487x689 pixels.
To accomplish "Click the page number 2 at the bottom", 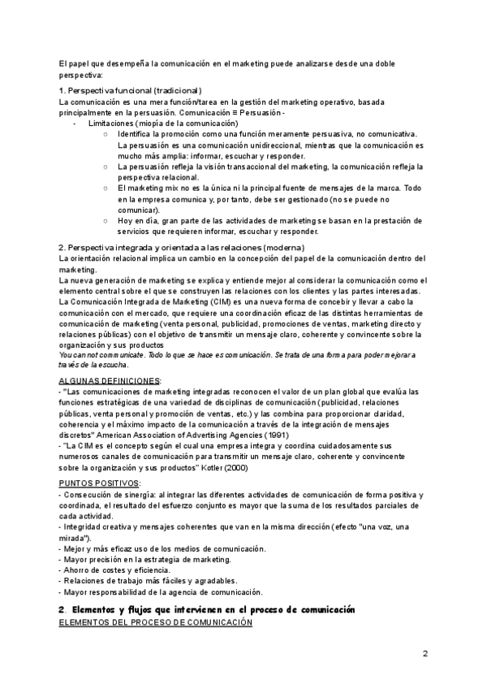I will (x=425, y=653).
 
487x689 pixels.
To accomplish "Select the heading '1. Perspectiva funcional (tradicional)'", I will (x=131, y=90).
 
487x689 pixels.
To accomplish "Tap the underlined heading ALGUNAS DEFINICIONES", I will (x=110, y=379).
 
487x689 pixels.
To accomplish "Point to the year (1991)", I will (x=276, y=434).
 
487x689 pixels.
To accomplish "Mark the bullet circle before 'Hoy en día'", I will (x=106, y=220).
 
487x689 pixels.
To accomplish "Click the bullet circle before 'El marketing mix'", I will (x=106, y=188).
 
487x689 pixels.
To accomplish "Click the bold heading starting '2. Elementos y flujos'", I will (x=207, y=609).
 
